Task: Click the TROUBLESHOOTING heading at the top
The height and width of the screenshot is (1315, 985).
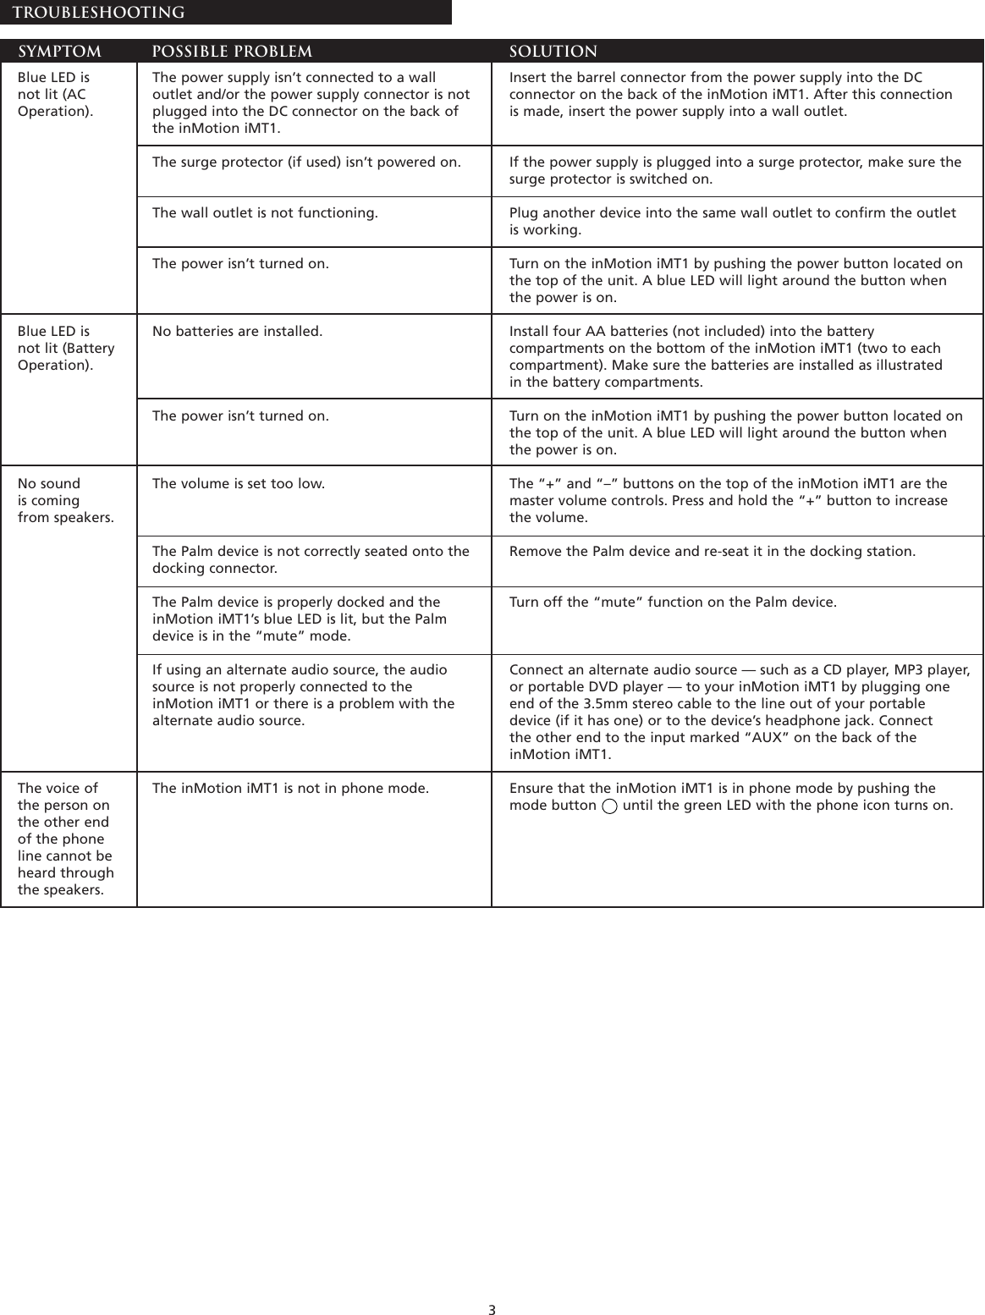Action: click(99, 13)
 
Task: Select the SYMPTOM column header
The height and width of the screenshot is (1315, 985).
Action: click(60, 52)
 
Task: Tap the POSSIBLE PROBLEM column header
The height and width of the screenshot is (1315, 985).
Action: click(232, 52)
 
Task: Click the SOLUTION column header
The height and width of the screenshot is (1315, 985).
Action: click(553, 52)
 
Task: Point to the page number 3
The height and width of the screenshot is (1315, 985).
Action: click(492, 1310)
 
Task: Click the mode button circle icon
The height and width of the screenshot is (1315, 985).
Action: click(609, 806)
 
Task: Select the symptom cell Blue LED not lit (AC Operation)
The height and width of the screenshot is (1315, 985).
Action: click(56, 94)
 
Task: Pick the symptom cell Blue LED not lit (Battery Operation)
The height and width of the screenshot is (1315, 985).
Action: click(66, 348)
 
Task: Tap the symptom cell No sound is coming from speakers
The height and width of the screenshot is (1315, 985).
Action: click(65, 500)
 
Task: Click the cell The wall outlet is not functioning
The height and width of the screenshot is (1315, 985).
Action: click(265, 212)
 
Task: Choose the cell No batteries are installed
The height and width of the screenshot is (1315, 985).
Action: click(237, 331)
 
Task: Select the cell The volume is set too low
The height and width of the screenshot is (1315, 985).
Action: click(238, 483)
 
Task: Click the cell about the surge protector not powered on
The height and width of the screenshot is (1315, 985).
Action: click(306, 162)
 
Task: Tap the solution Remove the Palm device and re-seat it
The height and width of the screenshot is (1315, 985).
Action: click(712, 551)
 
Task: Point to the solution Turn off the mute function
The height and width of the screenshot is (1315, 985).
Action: click(673, 602)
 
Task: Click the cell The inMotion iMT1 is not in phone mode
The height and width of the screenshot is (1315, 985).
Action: click(290, 788)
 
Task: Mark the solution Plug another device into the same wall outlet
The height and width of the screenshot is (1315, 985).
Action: click(732, 221)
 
